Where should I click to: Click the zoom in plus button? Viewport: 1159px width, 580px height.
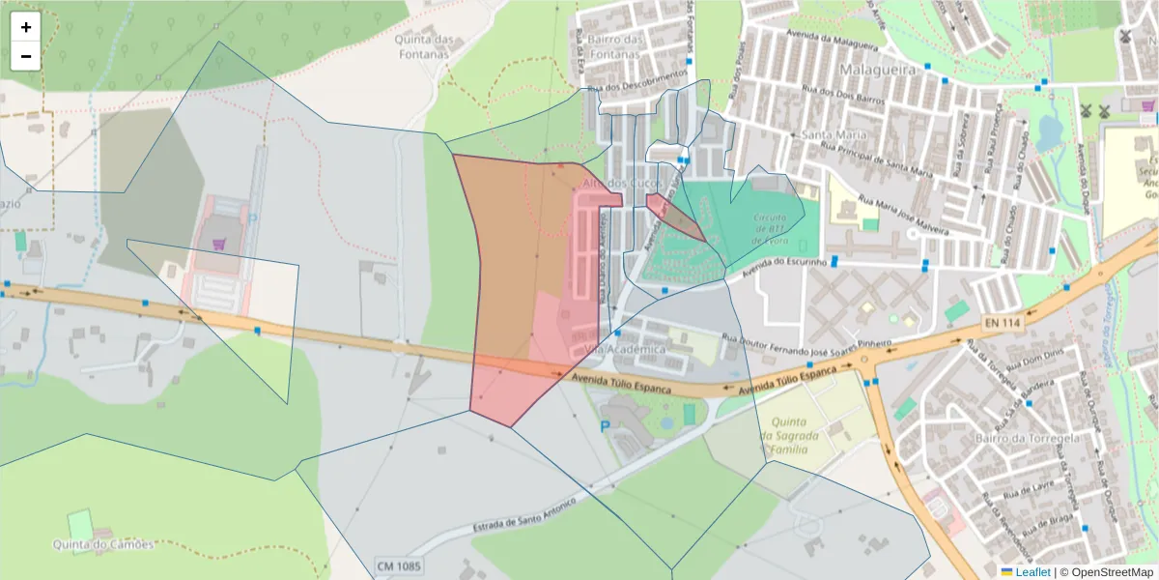coord(26,27)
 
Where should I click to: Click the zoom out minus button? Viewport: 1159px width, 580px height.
coord(26,56)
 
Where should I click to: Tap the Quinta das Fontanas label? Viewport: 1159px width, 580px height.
coord(423,46)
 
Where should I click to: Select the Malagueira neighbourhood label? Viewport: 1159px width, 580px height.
coord(875,71)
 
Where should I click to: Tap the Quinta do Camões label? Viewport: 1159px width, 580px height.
coord(103,544)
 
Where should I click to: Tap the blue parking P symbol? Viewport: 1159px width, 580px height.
coord(606,425)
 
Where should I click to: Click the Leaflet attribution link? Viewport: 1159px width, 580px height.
coord(1032,572)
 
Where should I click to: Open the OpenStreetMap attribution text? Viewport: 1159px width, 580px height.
coord(1107,572)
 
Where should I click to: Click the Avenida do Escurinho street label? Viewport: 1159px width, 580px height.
coord(783,268)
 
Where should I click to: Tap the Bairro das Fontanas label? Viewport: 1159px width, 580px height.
coord(613,46)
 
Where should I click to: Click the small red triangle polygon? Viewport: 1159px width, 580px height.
coord(671,215)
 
